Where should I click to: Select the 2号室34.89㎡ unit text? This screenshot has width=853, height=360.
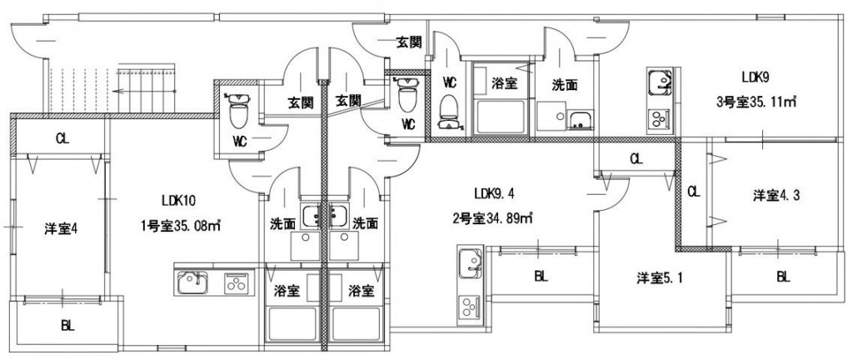click(491, 218)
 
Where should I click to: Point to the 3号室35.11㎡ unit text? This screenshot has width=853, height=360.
click(756, 101)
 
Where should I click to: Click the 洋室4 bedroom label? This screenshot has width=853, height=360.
click(60, 229)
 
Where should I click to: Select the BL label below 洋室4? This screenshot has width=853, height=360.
click(67, 327)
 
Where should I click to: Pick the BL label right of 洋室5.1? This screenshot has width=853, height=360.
click(783, 277)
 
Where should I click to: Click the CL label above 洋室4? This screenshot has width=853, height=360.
click(62, 138)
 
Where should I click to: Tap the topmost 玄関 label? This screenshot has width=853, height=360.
click(408, 42)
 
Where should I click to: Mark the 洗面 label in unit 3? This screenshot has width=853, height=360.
click(565, 85)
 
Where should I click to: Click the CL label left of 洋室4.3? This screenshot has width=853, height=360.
click(693, 191)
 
